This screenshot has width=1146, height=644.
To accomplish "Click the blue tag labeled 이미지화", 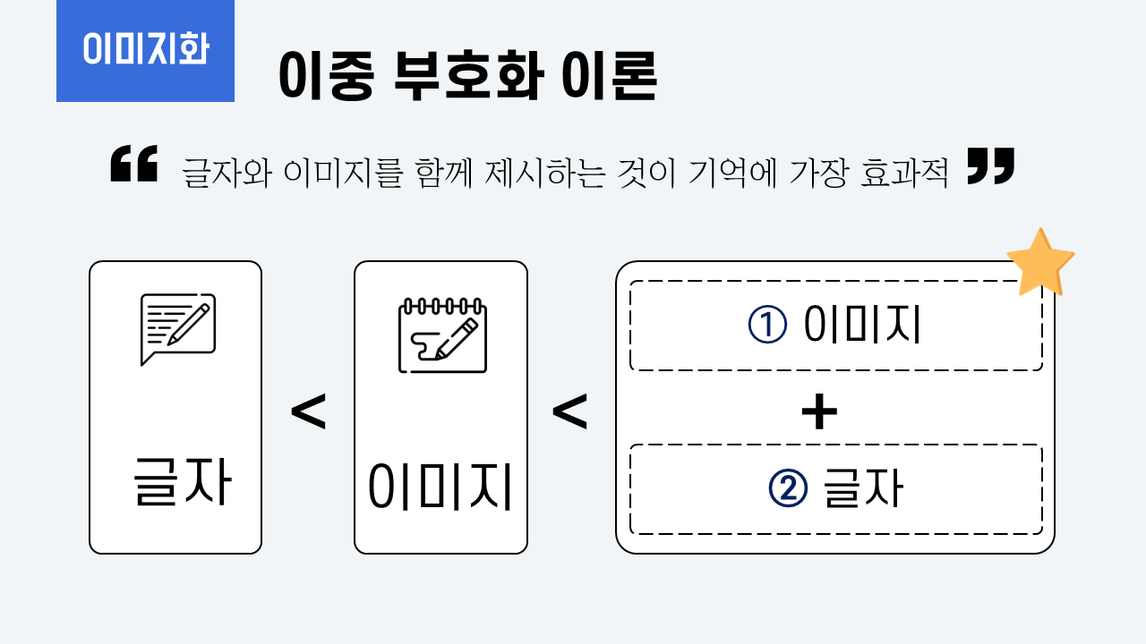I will pos(145,50).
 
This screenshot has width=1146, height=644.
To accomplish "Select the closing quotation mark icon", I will pos(991,167).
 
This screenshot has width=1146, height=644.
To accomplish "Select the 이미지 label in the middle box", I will pos(440,487).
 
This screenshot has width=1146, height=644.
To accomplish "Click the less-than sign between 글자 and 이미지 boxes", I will pos(308,413).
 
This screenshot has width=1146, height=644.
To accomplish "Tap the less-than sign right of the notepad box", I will pos(569,413).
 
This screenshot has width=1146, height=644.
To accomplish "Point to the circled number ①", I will pos(767,326).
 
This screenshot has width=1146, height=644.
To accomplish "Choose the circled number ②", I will pos(788,488).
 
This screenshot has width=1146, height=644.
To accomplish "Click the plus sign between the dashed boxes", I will pos(818,413).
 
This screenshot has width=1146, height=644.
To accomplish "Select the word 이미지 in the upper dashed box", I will pos(862,326).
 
